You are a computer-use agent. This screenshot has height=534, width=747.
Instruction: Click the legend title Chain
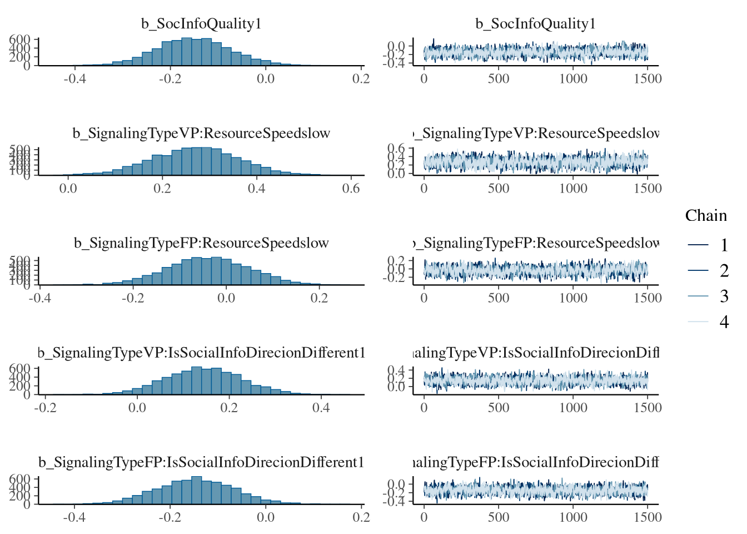point(706,216)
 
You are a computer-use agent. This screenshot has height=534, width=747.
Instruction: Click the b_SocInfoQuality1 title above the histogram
point(201,24)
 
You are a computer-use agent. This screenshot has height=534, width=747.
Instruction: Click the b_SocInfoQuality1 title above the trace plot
point(536,24)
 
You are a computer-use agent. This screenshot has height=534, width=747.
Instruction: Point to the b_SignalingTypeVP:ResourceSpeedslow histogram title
point(201,133)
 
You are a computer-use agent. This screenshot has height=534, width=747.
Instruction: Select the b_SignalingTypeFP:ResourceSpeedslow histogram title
point(201,243)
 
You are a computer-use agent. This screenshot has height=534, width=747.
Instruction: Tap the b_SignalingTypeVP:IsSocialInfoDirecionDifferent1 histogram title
point(201,353)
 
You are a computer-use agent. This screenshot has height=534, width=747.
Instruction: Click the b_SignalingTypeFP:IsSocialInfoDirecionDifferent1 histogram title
point(201,462)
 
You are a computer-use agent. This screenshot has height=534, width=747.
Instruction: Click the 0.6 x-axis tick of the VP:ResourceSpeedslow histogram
point(351,189)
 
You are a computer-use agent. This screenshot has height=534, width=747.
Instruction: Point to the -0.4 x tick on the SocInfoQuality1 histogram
point(74,79)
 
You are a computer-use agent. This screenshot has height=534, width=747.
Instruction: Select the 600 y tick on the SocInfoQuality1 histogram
point(19,39)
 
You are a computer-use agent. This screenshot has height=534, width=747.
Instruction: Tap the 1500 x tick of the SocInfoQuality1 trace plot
point(648,79)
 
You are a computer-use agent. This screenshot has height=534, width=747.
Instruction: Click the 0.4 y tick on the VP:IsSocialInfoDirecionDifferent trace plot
point(397,370)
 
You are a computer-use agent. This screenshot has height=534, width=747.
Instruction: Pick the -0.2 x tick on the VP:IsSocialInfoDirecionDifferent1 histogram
point(46,408)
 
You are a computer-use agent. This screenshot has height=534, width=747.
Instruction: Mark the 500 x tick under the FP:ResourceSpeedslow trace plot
point(499,298)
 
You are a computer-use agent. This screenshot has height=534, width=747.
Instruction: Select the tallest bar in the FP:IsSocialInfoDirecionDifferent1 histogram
point(196,490)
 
